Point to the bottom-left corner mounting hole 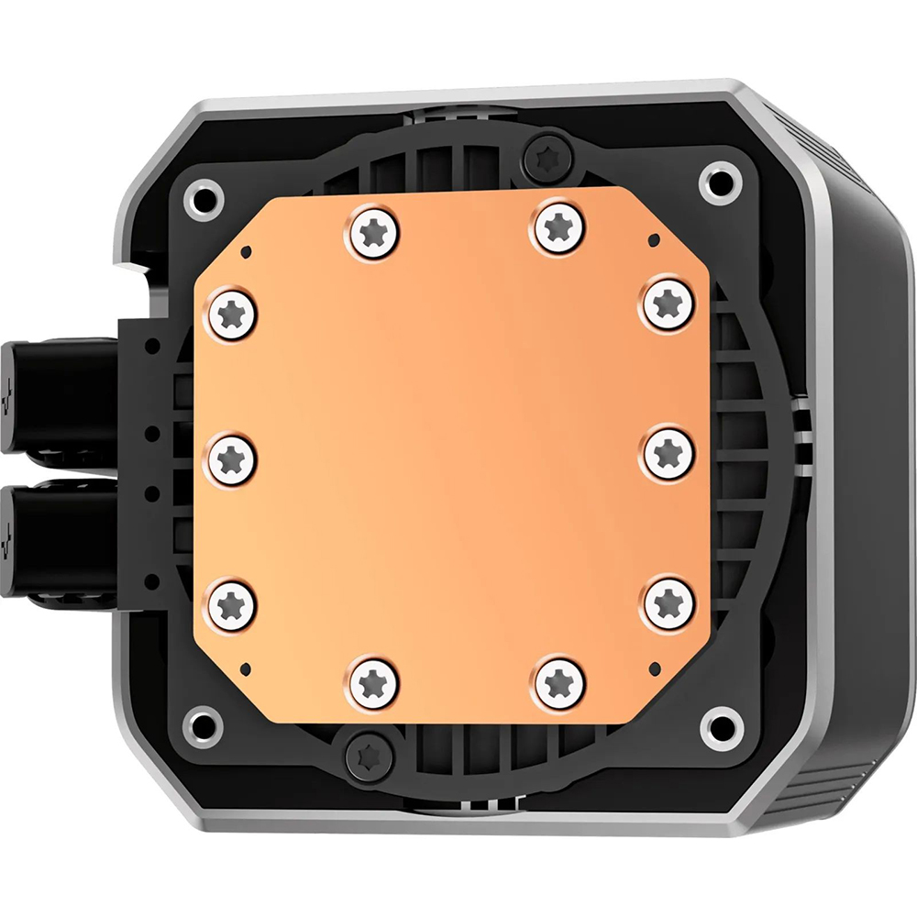pyautogui.click(x=203, y=725)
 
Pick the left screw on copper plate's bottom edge pyautogui.click(x=374, y=683)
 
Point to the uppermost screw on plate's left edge pyautogui.click(x=232, y=314)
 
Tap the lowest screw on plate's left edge pyautogui.click(x=232, y=601)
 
